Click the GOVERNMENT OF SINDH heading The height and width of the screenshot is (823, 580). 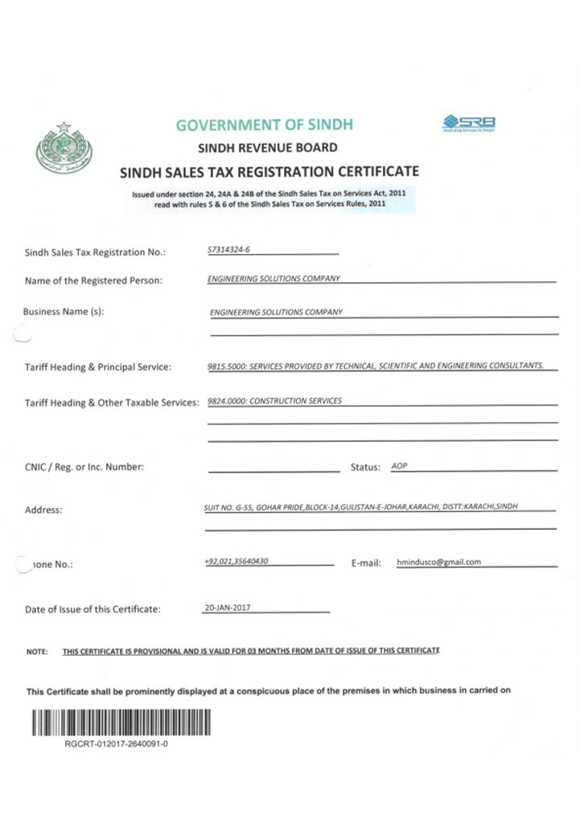coord(264,125)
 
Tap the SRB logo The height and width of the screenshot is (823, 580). coord(469,123)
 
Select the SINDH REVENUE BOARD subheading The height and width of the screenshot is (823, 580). coord(268,148)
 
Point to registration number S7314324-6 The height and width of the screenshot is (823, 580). coord(228,250)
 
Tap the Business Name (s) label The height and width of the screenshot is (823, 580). coord(64,311)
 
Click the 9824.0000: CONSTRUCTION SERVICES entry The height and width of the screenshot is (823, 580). coord(274,400)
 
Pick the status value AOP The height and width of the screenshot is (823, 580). coord(399,466)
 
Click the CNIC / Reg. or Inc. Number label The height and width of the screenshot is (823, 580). coord(84,467)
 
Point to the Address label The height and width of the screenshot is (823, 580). coord(43,510)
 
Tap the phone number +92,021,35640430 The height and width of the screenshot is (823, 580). coord(237,561)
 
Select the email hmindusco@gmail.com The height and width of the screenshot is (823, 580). coord(438,562)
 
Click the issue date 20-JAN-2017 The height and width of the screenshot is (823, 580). coord(227,608)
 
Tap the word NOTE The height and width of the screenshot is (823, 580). coord(37,651)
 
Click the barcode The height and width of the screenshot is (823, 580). coord(122,723)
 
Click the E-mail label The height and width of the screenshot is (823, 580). coord(366,563)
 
